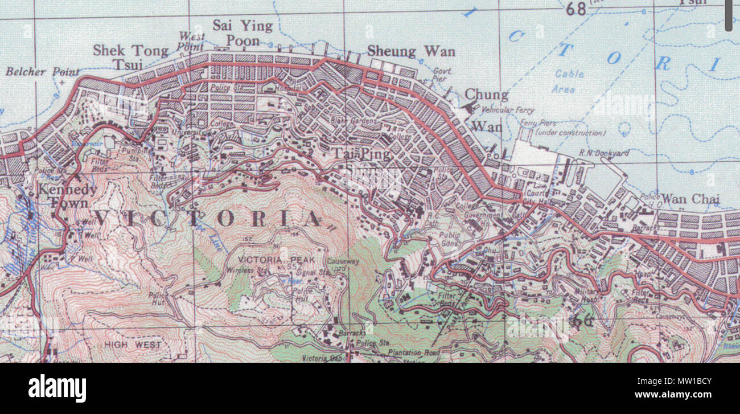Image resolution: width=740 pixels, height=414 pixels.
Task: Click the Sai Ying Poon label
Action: (x=242, y=33)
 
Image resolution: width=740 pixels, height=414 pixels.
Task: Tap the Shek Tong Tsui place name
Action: (x=130, y=57)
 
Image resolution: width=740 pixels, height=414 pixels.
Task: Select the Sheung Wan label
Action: (x=411, y=52)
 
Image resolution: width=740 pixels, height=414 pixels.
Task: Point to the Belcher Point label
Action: (x=43, y=72)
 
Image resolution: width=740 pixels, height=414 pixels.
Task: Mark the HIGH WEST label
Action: (x=133, y=345)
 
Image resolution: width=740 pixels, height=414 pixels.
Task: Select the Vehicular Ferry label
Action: (x=508, y=110)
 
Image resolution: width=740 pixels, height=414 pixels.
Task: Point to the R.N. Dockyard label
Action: (x=604, y=153)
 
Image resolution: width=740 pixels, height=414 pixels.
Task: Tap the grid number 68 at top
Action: (x=576, y=9)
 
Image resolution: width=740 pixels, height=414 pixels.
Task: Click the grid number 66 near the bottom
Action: (x=581, y=321)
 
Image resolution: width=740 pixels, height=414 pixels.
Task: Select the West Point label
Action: (x=191, y=41)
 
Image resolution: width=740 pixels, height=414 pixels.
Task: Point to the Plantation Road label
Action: (x=414, y=353)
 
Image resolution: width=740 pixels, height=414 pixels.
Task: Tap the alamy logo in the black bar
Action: (x=57, y=388)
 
